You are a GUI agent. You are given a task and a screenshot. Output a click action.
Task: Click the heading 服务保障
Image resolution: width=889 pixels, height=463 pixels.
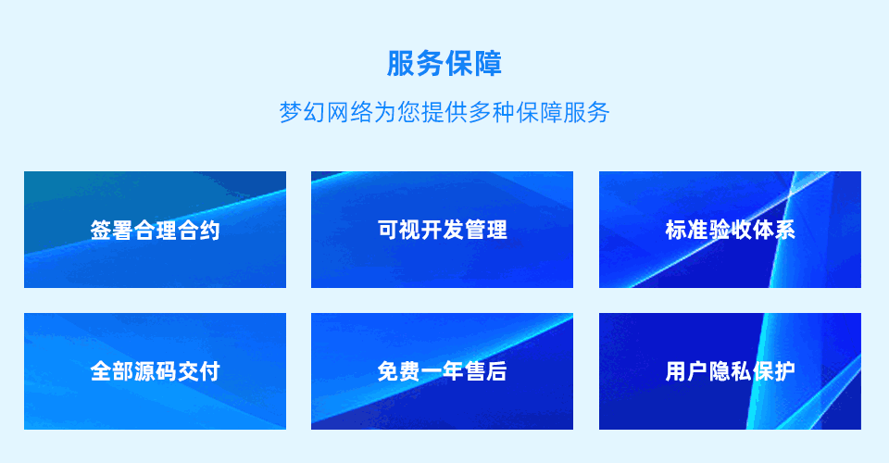[x=444, y=64]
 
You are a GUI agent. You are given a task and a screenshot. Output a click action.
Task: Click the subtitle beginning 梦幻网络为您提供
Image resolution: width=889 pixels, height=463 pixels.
[x=444, y=112]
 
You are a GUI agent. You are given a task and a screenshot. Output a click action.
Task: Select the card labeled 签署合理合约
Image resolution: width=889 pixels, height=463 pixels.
[x=155, y=230]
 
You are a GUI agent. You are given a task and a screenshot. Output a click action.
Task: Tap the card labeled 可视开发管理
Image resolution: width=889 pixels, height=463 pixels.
[x=443, y=230]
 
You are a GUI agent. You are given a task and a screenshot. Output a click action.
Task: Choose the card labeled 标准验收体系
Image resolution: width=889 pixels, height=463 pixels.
[x=731, y=230]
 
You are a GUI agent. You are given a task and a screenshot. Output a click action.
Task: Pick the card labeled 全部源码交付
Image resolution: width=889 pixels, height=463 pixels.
[x=155, y=371]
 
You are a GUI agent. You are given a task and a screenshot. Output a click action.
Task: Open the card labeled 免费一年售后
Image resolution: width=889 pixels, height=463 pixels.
[x=443, y=371]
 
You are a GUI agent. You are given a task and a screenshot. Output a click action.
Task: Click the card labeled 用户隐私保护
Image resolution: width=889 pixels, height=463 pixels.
[x=731, y=371]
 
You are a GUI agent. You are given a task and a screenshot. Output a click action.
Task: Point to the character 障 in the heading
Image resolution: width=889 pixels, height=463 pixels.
[x=488, y=64]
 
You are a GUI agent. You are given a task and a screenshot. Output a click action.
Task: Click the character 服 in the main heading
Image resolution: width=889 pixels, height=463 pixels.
[x=401, y=64]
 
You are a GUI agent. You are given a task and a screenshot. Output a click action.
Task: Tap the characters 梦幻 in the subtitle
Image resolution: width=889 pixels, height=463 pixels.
[x=302, y=112]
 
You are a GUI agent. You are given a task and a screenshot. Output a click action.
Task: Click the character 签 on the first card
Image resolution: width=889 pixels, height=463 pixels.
[x=101, y=230]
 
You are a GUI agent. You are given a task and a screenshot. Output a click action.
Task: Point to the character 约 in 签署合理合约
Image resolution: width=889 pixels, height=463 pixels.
[x=209, y=230]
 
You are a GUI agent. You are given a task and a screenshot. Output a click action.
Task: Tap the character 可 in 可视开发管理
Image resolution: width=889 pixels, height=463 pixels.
[x=388, y=230]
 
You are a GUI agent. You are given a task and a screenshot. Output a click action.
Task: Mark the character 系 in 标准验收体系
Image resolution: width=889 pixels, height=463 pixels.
[x=784, y=230]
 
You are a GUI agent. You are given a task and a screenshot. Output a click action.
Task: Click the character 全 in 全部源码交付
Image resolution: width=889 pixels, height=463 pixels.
[x=101, y=371]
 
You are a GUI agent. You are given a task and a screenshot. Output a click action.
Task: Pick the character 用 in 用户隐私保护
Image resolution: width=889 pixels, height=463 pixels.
[x=676, y=371]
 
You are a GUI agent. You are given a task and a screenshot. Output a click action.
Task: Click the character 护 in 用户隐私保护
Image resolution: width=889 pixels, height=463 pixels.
[x=784, y=371]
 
